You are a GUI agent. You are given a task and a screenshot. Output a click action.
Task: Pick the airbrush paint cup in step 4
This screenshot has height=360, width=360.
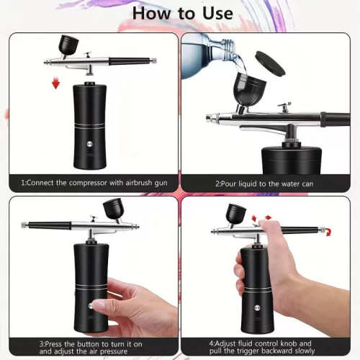pos(235,214)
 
